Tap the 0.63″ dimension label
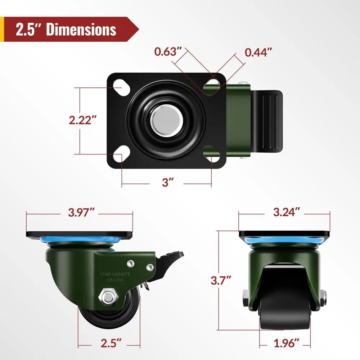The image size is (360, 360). point(167,52)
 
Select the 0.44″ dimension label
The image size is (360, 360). point(258,52)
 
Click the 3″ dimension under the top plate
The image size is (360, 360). point(166,183)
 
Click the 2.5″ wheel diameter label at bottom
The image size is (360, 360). point(109,342)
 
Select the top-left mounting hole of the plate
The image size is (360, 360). point(120,87)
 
